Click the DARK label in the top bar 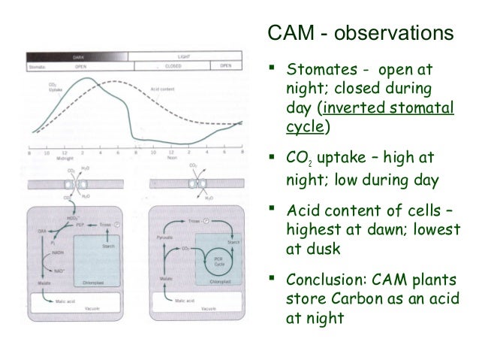coord(77,56)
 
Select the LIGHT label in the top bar coord(183,56)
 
